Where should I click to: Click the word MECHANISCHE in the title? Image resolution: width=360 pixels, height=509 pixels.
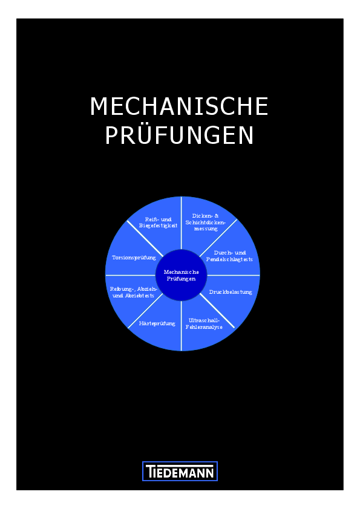point(179,106)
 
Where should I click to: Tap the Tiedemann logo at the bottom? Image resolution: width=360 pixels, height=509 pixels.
point(180,471)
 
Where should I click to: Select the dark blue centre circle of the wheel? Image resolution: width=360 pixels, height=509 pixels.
point(182,275)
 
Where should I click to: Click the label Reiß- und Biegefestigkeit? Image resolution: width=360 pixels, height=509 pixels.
point(159,222)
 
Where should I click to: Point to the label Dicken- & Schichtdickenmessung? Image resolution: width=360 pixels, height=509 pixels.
point(205,222)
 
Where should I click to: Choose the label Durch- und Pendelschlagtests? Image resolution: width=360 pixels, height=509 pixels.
point(229,256)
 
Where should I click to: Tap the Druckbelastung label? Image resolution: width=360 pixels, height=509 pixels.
point(231,292)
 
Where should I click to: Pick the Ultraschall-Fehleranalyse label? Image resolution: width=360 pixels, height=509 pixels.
point(204,323)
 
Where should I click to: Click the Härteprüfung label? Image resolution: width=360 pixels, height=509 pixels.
point(157,323)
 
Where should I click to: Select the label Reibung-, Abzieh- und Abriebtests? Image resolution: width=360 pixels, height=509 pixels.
point(133,292)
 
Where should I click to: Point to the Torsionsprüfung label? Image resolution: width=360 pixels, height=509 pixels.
point(134,258)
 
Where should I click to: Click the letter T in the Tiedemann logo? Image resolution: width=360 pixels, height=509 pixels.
point(149,472)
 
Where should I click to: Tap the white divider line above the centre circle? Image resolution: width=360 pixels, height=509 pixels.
point(182,223)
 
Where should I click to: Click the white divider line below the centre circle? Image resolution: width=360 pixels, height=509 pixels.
point(182,326)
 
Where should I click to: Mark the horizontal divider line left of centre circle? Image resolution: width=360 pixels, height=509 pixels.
point(131,275)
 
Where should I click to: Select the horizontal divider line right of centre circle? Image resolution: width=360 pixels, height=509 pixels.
point(234,275)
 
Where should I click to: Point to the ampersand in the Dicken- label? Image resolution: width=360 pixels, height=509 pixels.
point(217,216)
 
